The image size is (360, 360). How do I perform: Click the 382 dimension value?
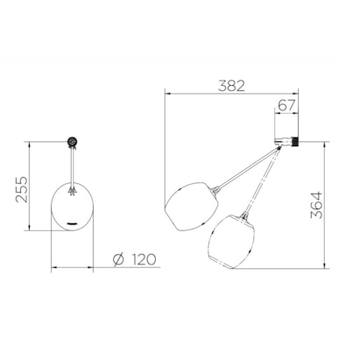pos(232,86)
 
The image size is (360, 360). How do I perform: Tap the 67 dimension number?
pos(286,105)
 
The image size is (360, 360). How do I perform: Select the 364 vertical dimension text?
pos(317,205)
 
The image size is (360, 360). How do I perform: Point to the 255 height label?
pos(22,189)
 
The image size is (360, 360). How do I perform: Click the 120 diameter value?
pos(144,259)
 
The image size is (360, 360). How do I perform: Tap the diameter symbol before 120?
pos(118,259)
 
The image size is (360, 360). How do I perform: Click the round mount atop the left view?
pos(72,142)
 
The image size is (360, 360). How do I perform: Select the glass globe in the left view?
pos(72,207)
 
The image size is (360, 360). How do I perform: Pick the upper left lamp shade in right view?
pos(192,207)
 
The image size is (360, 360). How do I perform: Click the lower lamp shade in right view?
pos(231,242)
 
